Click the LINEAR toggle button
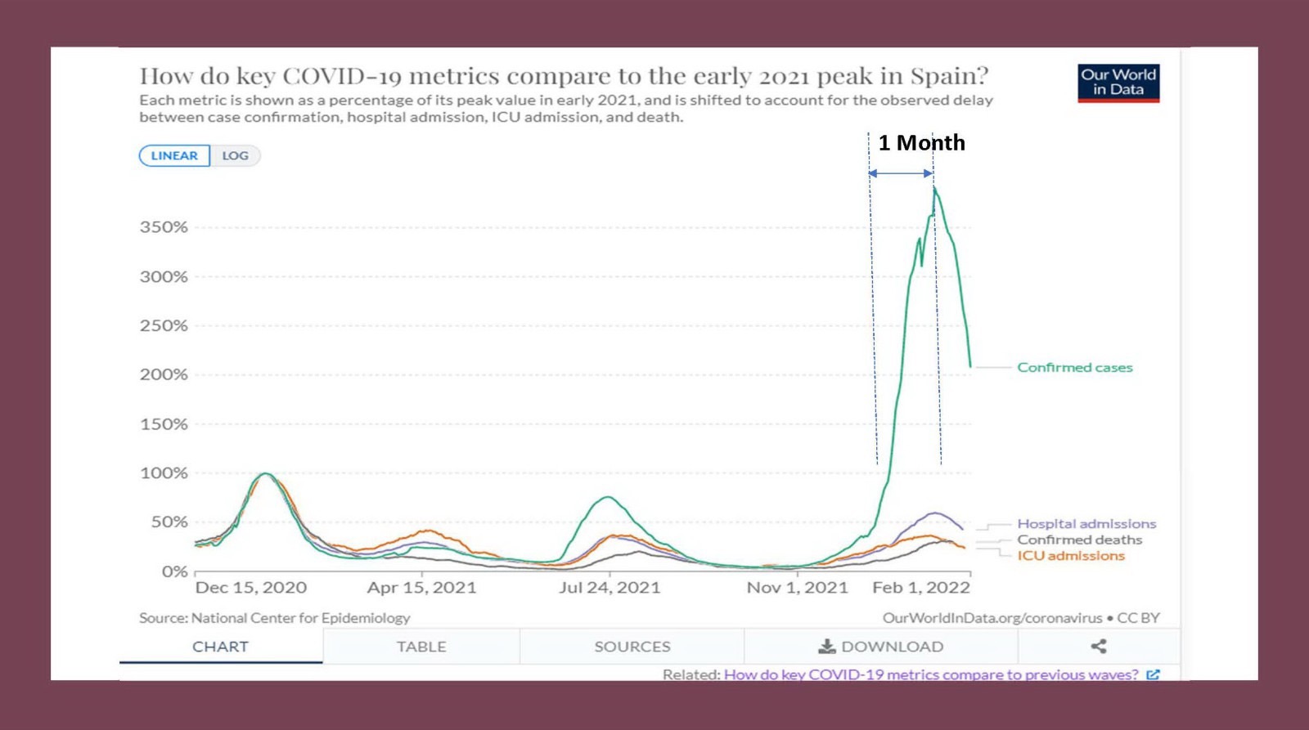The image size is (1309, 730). [174, 155]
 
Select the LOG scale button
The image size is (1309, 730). [236, 155]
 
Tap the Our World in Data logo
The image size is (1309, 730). [1118, 83]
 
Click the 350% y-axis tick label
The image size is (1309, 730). [164, 227]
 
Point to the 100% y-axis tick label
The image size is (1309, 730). [164, 473]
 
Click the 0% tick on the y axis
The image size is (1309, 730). [174, 571]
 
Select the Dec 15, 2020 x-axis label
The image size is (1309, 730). [251, 588]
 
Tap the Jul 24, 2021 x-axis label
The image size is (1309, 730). [610, 588]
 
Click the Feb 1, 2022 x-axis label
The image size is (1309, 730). [921, 588]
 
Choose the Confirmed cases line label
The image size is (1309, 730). [1075, 368]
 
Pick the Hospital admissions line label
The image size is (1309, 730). [1086, 524]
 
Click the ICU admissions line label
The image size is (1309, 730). [1071, 556]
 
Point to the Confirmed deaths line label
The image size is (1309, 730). [1080, 540]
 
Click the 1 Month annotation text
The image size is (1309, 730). [922, 143]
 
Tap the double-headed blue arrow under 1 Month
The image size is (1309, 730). [901, 173]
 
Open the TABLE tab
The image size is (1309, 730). [421, 647]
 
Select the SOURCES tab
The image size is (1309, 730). [632, 647]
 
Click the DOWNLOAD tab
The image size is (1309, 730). [881, 647]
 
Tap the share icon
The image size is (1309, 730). [1099, 647]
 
